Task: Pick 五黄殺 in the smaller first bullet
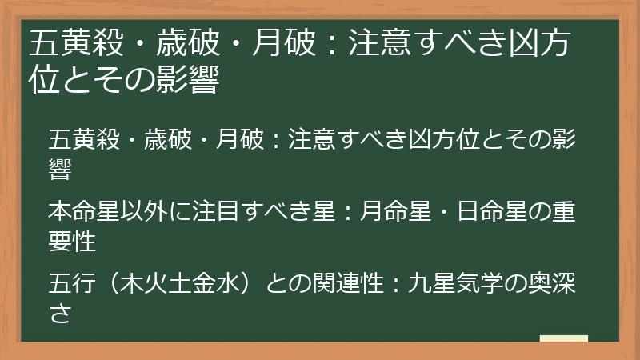click(78, 138)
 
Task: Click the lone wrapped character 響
click(58, 169)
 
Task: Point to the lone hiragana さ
click(58, 312)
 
